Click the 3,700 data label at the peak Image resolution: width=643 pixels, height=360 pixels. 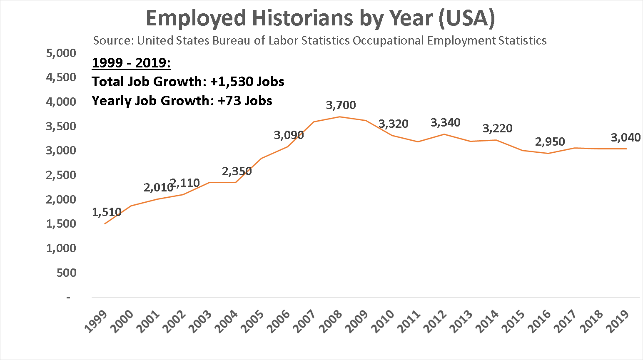point(341,105)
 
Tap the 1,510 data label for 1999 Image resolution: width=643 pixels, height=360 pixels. point(107,212)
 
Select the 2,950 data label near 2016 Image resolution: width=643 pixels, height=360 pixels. point(550,142)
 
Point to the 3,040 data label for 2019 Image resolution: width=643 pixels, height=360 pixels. point(626,138)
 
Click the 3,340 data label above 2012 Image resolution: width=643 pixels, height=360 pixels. point(445,123)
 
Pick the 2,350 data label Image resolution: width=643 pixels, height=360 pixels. point(237,171)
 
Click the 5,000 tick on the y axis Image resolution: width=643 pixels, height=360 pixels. point(61,53)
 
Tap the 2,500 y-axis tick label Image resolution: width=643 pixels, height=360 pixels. point(61,175)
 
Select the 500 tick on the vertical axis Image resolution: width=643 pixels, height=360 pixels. point(66,273)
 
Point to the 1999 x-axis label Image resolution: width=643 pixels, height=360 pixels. point(96,321)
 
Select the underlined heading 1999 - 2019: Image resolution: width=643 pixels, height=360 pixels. point(131,63)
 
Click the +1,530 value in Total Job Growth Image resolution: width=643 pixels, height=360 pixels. point(232,82)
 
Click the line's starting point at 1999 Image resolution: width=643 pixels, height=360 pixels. point(105,224)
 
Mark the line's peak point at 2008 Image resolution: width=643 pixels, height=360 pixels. point(340,117)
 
